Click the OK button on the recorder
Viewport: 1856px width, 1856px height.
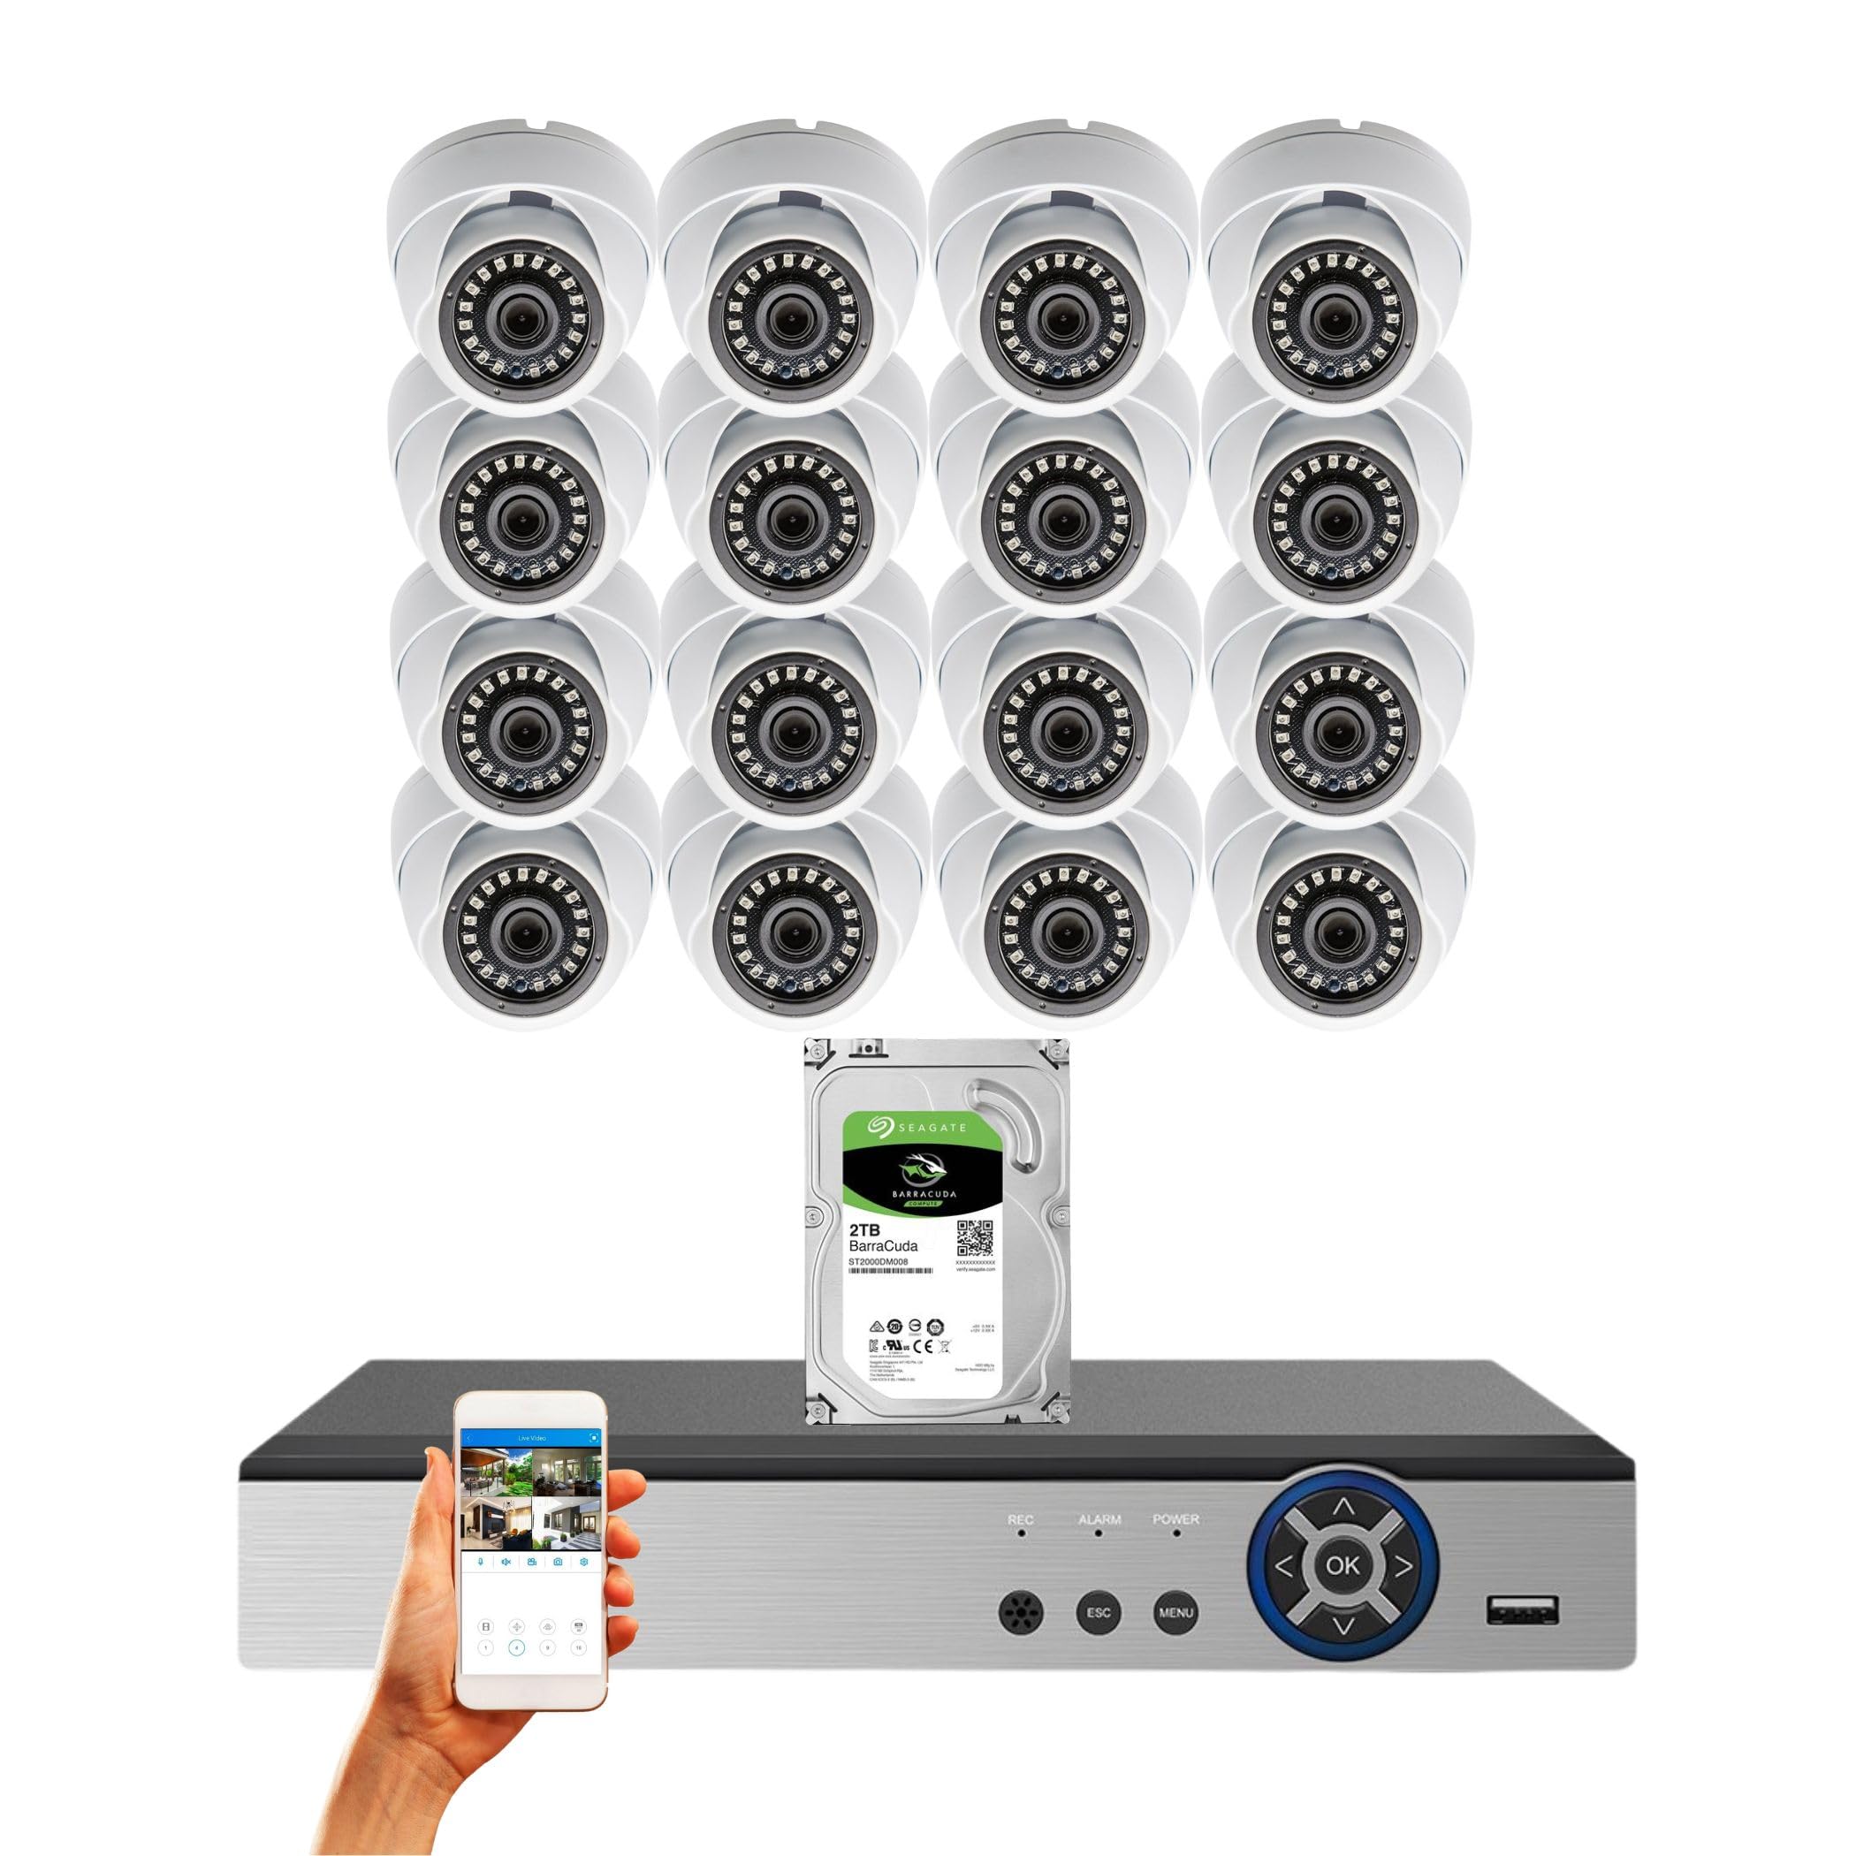pyautogui.click(x=1342, y=1565)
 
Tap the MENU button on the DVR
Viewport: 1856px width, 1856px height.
pyautogui.click(x=1175, y=1612)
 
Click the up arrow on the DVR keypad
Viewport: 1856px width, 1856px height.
pyautogui.click(x=1343, y=1509)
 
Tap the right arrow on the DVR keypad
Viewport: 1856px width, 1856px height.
pyautogui.click(x=1403, y=1567)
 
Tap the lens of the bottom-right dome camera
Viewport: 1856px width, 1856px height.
pyautogui.click(x=1334, y=922)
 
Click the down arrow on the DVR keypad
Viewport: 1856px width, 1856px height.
pyautogui.click(x=1343, y=1626)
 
